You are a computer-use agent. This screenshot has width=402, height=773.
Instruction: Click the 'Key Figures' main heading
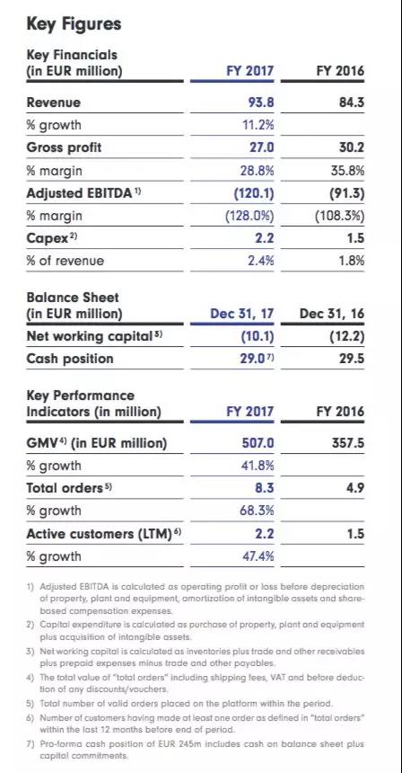74,23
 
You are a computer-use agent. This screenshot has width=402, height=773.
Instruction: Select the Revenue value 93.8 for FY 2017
259,103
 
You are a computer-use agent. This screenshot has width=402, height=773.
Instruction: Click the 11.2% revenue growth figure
258,125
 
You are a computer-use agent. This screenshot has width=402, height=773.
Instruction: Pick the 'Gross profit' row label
65,147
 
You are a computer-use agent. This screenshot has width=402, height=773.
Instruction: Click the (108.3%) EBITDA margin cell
340,215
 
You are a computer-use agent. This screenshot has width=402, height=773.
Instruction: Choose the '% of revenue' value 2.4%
259,261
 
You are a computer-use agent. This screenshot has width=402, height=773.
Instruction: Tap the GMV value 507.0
256,443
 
